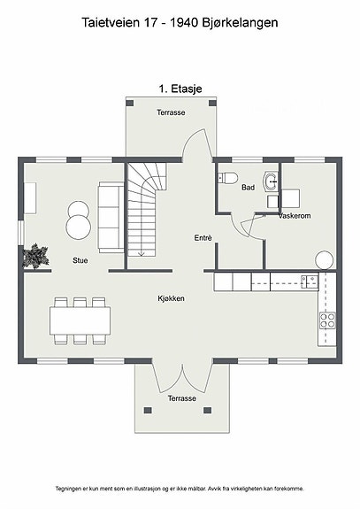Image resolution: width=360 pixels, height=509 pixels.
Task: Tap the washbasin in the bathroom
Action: click(x=271, y=181)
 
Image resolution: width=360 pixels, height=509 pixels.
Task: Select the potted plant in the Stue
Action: click(x=35, y=256)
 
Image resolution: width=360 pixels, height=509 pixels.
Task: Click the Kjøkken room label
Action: click(x=172, y=298)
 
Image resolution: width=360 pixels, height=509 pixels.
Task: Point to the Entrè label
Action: click(x=203, y=238)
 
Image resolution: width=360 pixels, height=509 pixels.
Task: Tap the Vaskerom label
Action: click(x=295, y=215)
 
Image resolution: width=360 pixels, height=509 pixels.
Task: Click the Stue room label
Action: click(x=80, y=260)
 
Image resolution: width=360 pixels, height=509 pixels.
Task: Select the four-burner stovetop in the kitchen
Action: click(x=327, y=320)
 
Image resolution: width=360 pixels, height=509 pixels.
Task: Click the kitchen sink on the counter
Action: click(x=310, y=281)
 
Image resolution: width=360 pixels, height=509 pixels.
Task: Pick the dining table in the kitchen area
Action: click(x=80, y=320)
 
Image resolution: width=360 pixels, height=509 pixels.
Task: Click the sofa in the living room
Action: click(x=111, y=217)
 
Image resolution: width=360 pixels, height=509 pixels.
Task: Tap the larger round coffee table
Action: click(x=79, y=227)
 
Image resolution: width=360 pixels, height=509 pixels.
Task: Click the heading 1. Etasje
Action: click(x=180, y=89)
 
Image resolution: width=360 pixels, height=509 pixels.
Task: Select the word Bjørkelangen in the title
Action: click(x=240, y=23)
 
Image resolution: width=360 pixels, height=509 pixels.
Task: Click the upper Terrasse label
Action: click(x=171, y=112)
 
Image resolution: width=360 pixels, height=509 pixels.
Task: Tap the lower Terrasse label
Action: click(x=182, y=398)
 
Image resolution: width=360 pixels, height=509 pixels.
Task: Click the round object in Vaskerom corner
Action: click(x=324, y=260)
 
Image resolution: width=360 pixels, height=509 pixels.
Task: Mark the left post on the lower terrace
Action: click(x=148, y=411)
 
